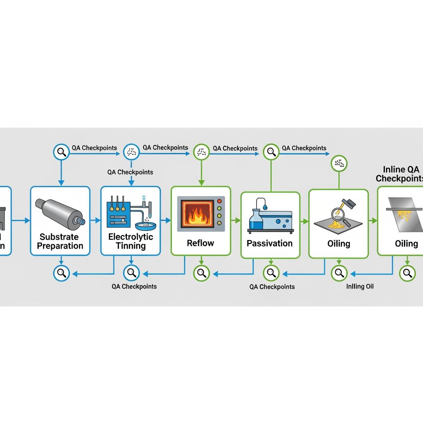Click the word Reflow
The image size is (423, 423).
click(x=200, y=243)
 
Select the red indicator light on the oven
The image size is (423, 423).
click(x=219, y=201)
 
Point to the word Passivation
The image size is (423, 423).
click(x=270, y=243)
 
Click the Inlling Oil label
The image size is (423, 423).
click(x=360, y=286)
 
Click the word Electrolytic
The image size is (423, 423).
click(x=131, y=237)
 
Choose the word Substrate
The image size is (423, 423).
click(x=59, y=237)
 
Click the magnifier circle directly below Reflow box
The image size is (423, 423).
click(x=201, y=272)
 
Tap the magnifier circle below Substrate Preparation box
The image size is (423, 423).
click(x=62, y=272)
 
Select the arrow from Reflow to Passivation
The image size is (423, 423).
click(x=235, y=221)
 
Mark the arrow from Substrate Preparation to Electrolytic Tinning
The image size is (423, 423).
click(x=95, y=221)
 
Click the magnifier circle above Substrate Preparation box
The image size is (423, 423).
click(x=62, y=152)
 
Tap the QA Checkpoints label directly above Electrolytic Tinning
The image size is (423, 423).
click(x=130, y=172)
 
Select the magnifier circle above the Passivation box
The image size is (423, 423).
click(x=271, y=152)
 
